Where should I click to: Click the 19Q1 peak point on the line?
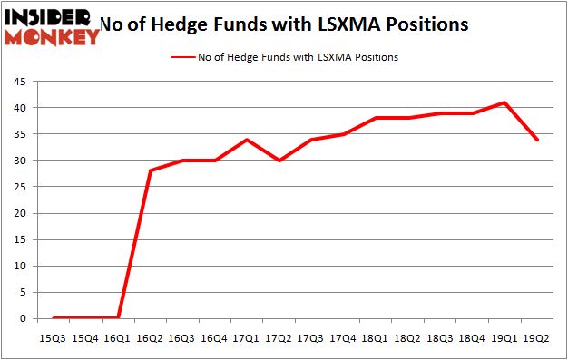coord(504,102)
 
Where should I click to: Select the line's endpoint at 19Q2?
coord(537,140)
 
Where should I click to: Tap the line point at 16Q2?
coord(150,170)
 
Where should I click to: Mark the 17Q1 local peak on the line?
coord(247,140)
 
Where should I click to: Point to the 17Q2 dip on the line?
coord(279,161)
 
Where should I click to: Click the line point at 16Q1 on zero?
coord(118,317)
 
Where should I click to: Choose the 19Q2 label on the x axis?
coord(537,338)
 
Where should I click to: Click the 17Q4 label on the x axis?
coord(343,338)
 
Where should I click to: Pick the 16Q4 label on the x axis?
coord(214,338)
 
